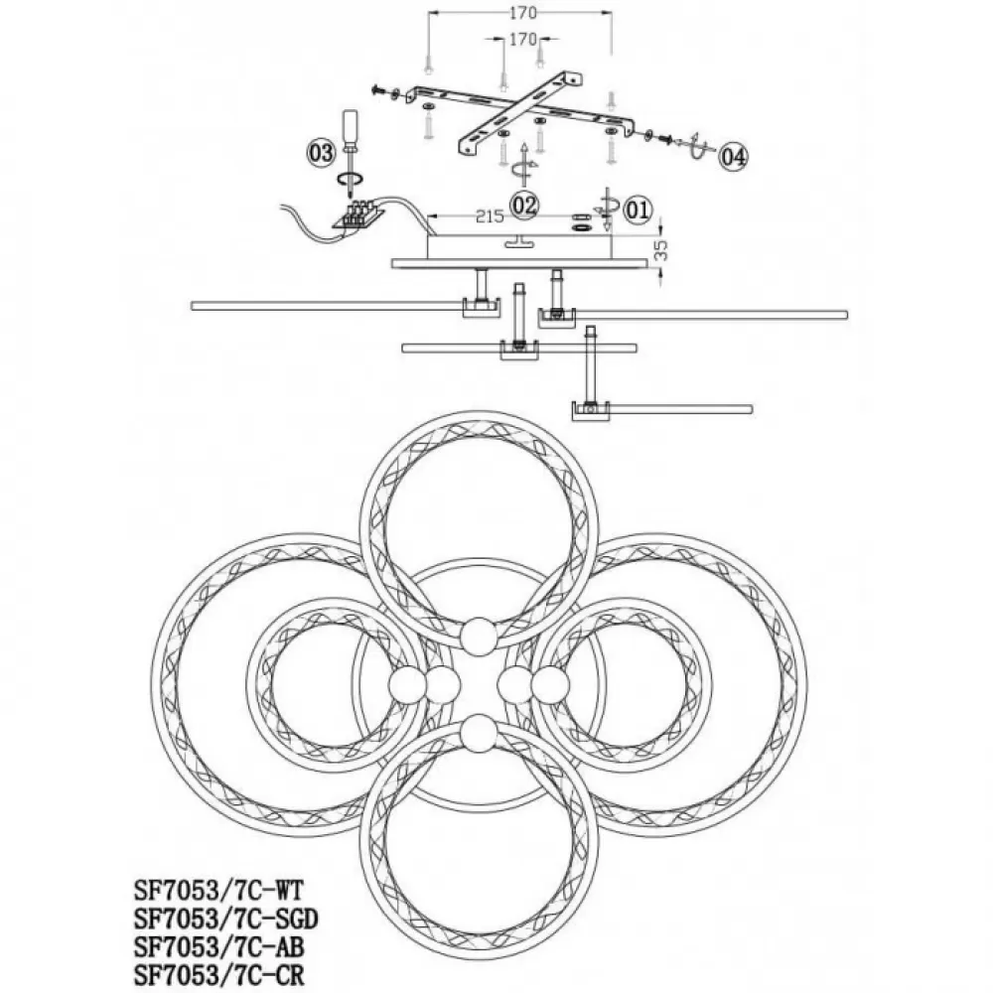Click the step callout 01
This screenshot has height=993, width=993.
tap(638, 209)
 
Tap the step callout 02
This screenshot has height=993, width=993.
tap(524, 205)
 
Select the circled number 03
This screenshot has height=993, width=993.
tap(321, 153)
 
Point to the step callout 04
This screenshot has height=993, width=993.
tap(733, 156)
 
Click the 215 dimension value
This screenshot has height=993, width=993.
tap(490, 216)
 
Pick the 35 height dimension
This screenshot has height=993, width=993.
tap(660, 249)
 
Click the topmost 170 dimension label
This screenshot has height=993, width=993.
tap(522, 12)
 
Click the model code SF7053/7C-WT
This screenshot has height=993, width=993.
tap(219, 891)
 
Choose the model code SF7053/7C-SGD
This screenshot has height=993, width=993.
tap(226, 919)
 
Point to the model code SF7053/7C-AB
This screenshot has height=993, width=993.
tap(219, 946)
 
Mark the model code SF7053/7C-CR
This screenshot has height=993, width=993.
tap(219, 975)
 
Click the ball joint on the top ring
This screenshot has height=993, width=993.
tap(479, 636)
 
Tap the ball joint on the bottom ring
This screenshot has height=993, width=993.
tap(479, 734)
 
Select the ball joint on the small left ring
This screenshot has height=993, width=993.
tap(442, 684)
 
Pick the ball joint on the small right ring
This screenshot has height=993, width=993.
tap(514, 684)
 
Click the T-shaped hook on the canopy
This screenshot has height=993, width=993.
tap(518, 242)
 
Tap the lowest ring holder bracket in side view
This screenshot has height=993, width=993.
tap(591, 411)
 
